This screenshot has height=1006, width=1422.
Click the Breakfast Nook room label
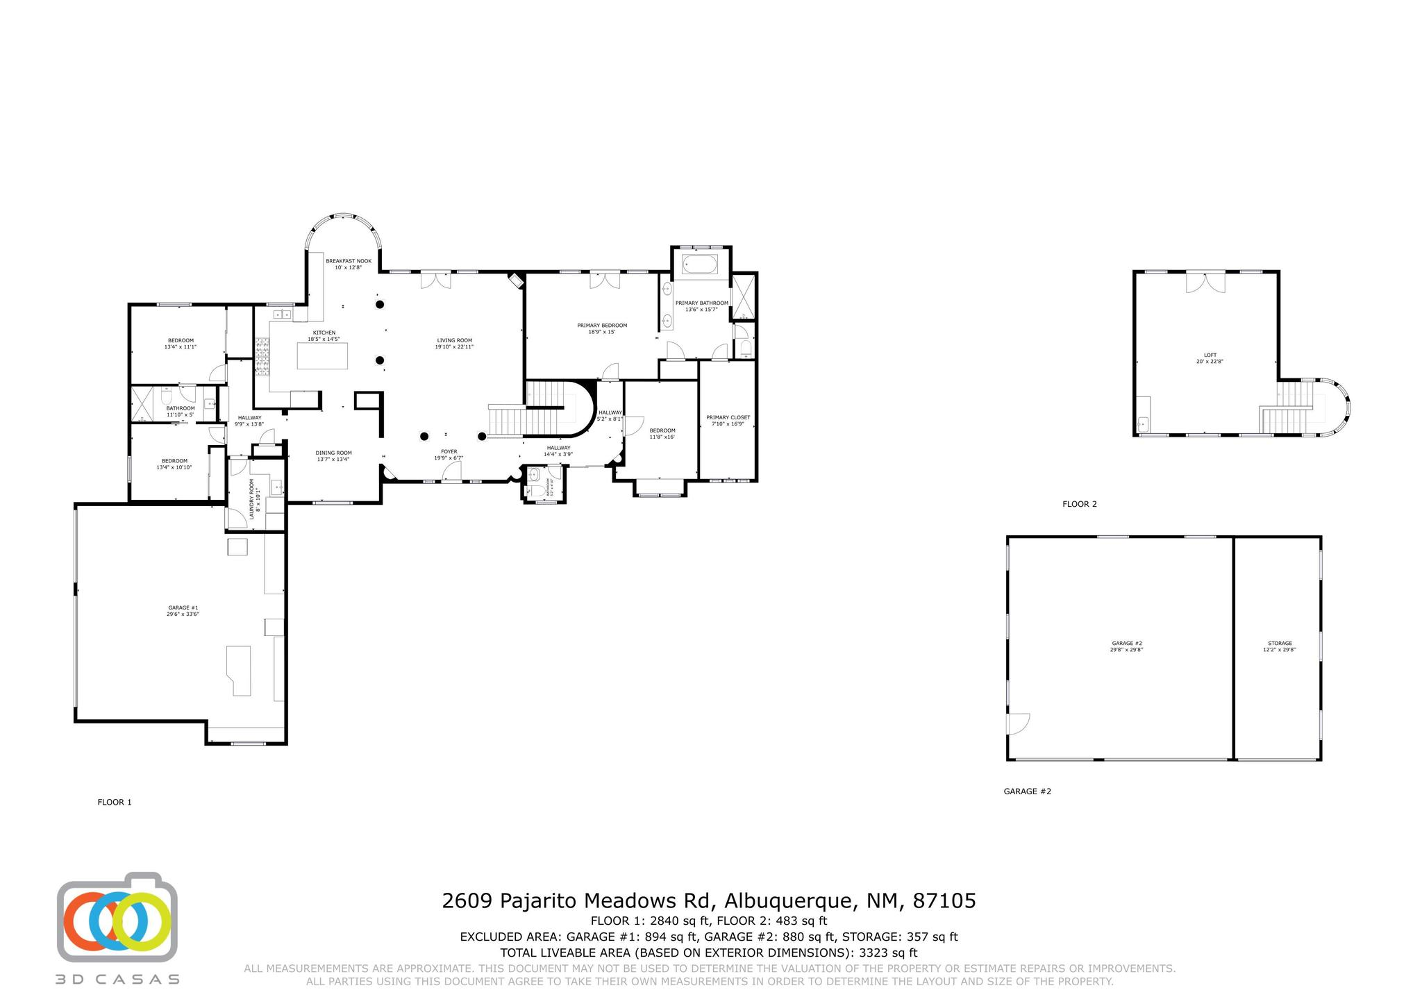point(349,264)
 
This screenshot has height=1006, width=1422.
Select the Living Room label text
point(454,343)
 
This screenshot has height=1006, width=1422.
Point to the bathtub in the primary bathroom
point(701,265)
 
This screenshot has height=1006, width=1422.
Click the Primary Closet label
point(728,420)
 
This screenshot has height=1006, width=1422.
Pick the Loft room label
point(1210,358)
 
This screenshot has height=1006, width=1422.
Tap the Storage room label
point(1280,646)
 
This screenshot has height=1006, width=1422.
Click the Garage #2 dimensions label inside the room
point(1127,650)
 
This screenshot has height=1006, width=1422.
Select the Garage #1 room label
point(183,611)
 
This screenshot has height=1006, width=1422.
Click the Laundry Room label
point(254,495)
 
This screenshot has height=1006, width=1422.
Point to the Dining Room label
point(333,455)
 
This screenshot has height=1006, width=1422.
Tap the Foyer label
point(449,454)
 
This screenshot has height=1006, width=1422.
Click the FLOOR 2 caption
point(1079,504)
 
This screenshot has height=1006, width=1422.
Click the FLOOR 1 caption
point(115,802)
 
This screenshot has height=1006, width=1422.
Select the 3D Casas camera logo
point(117,920)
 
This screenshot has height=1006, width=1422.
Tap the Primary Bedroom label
point(602,328)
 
